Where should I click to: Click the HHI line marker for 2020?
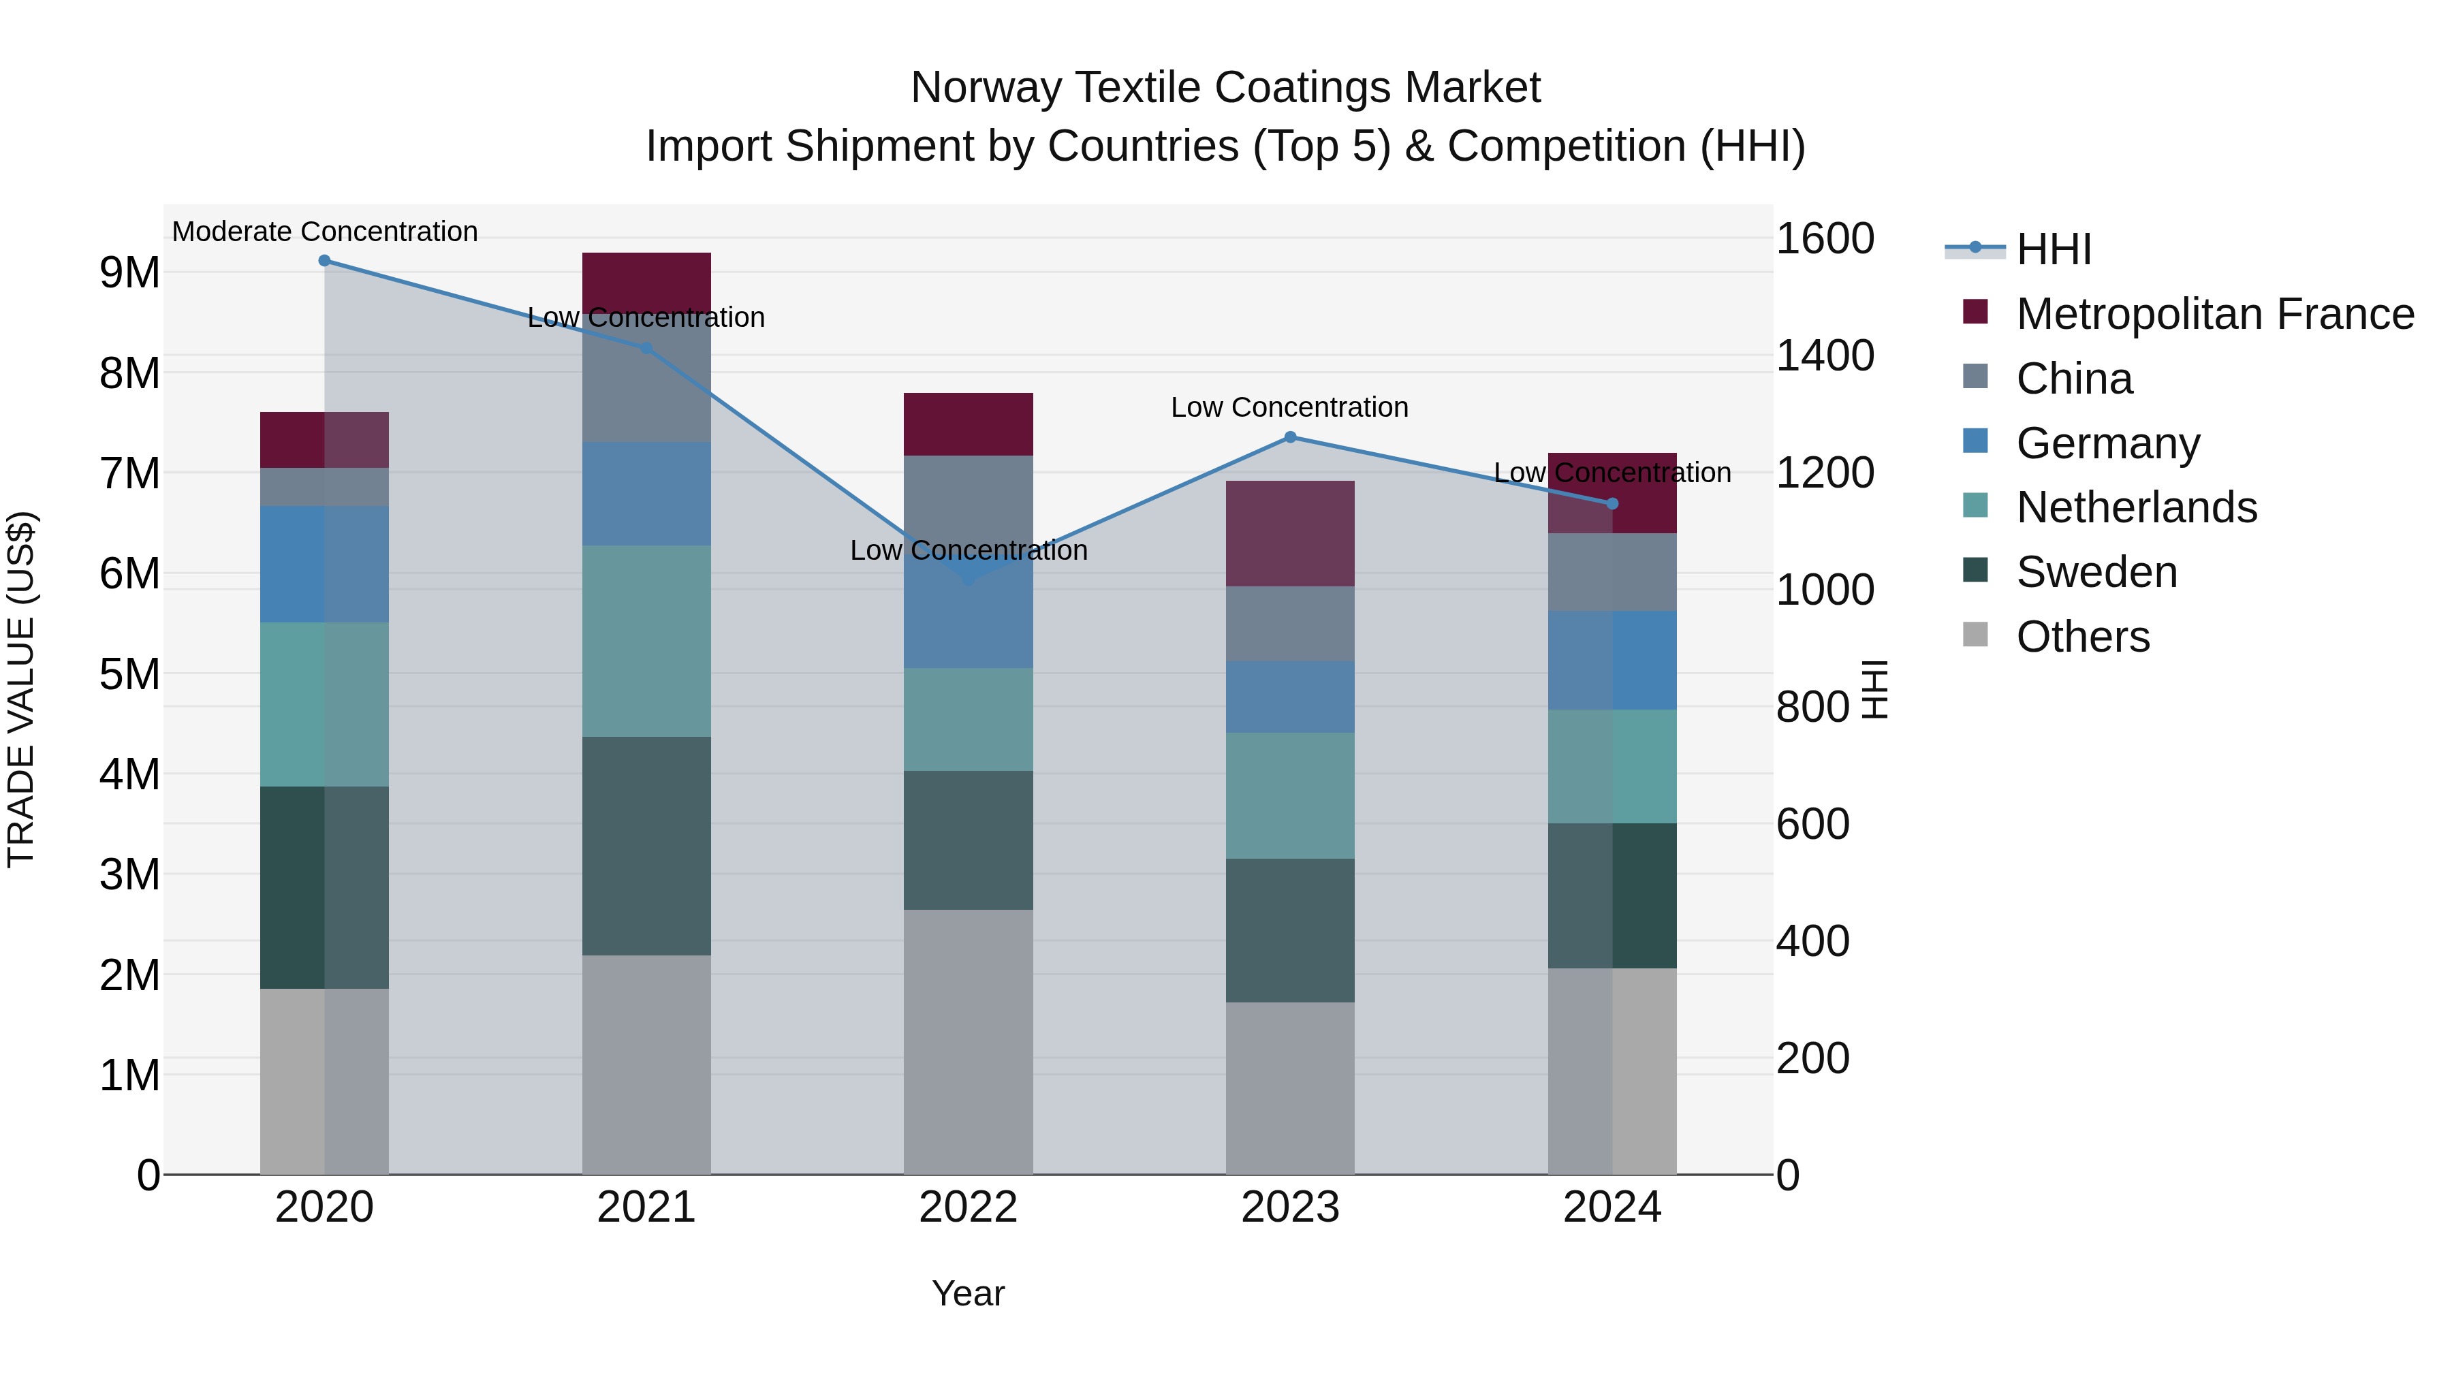point(325,261)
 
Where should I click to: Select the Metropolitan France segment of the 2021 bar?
point(646,281)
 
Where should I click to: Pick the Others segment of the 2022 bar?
point(968,1041)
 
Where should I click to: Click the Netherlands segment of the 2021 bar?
point(646,641)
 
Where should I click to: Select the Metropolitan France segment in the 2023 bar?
point(1290,534)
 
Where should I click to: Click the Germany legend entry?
point(2107,443)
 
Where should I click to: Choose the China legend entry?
point(2073,379)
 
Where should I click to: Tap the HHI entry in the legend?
point(2053,249)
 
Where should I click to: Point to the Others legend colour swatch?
point(1975,635)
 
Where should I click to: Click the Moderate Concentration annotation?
point(325,232)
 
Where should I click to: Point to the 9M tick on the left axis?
point(129,273)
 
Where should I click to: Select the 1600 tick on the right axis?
point(1825,239)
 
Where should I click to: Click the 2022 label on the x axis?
point(968,1207)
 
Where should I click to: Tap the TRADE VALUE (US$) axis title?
point(22,689)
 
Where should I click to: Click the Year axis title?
point(968,1293)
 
